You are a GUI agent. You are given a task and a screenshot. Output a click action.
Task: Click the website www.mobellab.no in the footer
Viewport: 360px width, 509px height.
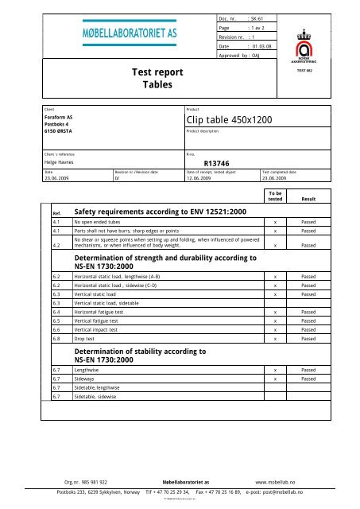(281, 482)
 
